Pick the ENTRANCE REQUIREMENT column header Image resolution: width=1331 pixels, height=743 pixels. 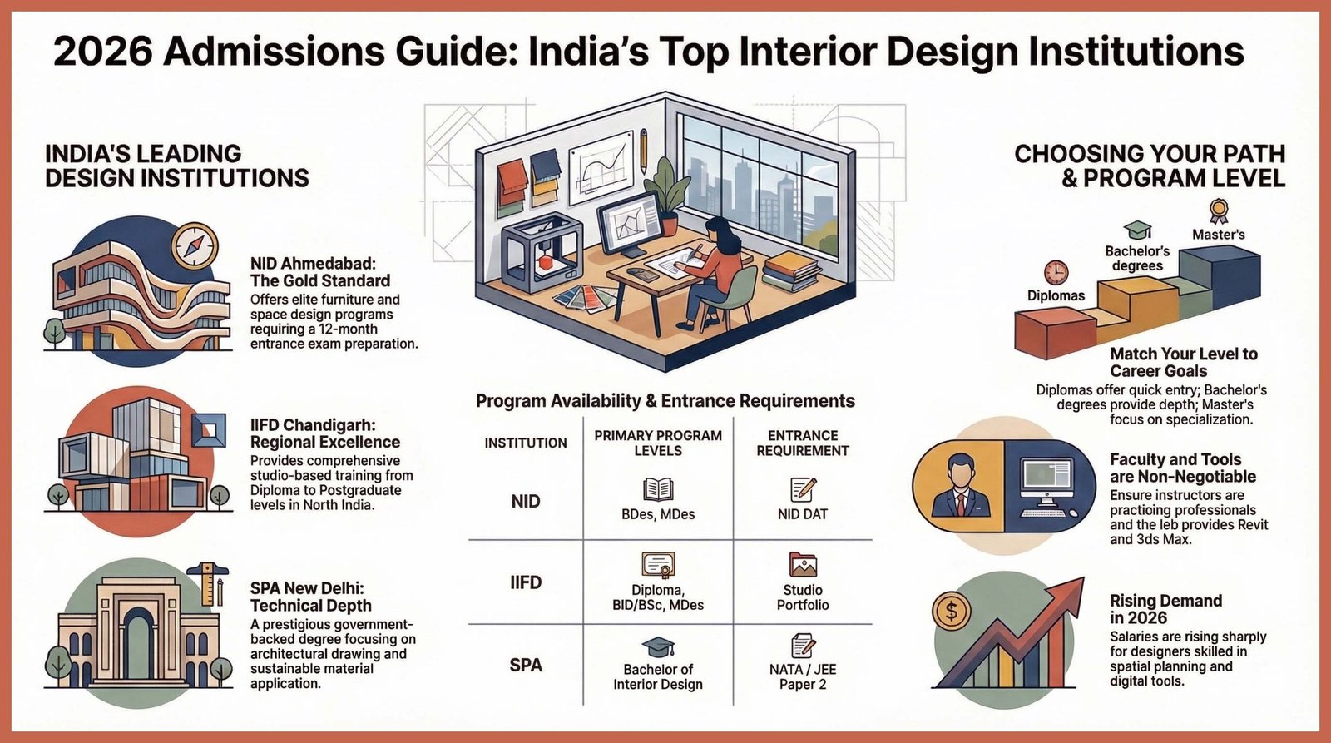802,443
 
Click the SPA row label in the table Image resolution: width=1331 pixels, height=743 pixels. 526,665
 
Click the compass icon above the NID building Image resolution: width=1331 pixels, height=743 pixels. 195,246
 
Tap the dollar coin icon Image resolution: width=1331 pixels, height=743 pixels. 951,612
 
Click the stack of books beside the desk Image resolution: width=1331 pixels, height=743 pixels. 791,270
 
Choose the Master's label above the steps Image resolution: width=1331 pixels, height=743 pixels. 1218,235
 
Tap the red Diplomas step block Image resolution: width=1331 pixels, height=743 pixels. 1054,330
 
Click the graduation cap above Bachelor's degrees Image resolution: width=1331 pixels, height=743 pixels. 1137,230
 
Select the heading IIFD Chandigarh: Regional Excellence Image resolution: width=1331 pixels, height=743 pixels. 325,433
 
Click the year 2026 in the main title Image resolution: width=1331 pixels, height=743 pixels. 103,52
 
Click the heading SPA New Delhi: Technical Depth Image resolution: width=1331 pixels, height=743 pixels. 311,597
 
